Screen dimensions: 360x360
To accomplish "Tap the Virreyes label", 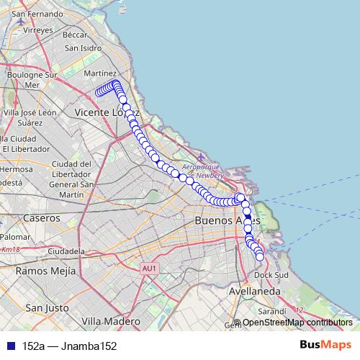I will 38,30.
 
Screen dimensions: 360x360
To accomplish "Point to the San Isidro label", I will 82,48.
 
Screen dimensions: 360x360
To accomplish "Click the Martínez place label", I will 100,73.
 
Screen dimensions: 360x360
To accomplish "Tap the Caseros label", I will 42,217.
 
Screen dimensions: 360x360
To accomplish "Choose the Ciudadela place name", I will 66,251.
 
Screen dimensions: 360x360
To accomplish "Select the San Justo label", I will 47,307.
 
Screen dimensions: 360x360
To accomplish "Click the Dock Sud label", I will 271,275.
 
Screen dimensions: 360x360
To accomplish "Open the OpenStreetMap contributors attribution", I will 297,323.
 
